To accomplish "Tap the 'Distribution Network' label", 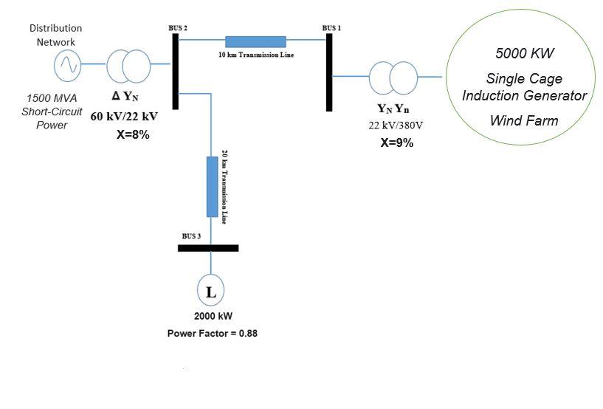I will click(55, 35).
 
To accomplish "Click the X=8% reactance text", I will click(134, 135).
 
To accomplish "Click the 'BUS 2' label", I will click(178, 28).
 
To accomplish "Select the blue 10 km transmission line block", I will click(255, 41).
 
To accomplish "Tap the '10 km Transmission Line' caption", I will click(255, 55).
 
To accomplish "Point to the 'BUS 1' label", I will click(331, 28).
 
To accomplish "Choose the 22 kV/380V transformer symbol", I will click(392, 78).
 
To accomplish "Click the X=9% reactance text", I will click(397, 143).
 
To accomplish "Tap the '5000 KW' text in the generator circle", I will click(524, 54).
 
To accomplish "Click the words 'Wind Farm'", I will click(524, 120).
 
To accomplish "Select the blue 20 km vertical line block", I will click(212, 186).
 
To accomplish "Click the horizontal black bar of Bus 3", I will click(208, 248).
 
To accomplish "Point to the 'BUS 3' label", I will click(192, 236).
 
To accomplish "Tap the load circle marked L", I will click(210, 292).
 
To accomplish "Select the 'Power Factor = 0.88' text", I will click(213, 333).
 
